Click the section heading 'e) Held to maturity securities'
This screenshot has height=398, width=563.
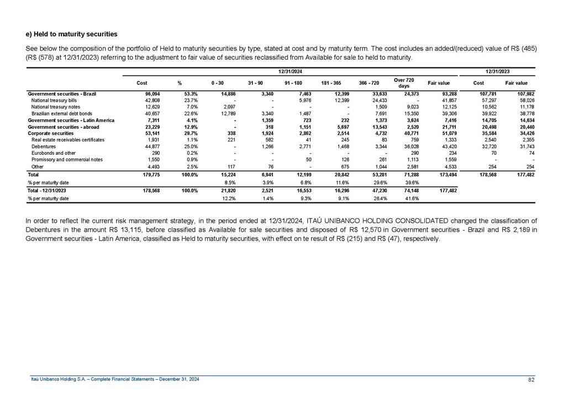[x=71, y=34]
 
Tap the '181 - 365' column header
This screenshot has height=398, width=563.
[x=332, y=83]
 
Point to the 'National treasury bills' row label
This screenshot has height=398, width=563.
[x=55, y=100]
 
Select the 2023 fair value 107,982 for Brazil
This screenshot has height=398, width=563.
[x=516, y=93]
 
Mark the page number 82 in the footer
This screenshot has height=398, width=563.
[x=531, y=379]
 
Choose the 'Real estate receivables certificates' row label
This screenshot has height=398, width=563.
[x=69, y=140]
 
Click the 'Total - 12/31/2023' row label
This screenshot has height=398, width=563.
[x=52, y=191]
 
